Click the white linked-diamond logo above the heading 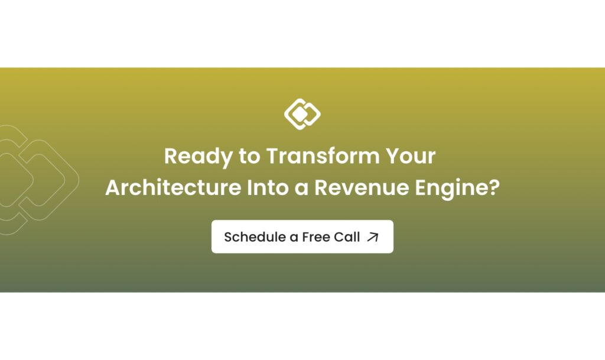302,114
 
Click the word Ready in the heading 199,157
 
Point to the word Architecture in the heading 173,187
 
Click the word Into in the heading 268,187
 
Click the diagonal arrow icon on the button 373,237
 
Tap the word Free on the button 315,237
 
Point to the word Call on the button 347,236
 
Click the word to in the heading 249,157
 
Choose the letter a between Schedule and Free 292,238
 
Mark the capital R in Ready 171,156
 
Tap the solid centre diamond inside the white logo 299,114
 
